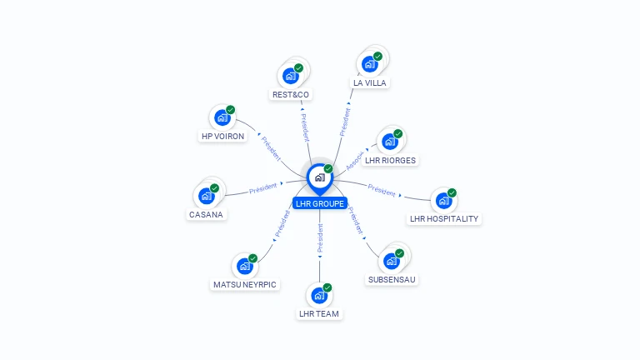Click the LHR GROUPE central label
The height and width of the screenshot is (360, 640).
tap(319, 203)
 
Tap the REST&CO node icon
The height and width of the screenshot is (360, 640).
tap(291, 76)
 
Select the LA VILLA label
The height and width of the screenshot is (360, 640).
tap(370, 82)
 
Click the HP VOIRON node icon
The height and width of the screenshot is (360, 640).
tap(222, 117)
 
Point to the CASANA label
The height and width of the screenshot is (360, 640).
tap(207, 214)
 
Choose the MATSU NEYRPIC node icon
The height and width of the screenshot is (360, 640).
tap(245, 266)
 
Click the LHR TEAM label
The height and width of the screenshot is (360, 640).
tap(319, 313)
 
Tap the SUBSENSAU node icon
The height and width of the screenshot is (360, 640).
tap(392, 261)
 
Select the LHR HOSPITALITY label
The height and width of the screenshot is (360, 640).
tap(445, 218)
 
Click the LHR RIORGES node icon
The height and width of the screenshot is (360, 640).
tap(390, 142)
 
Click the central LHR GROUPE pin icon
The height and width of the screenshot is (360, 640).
tap(319, 177)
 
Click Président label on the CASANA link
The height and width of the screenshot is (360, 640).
tap(263, 189)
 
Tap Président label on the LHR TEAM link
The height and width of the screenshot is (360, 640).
tap(320, 237)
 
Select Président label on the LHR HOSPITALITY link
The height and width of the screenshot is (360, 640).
tap(382, 191)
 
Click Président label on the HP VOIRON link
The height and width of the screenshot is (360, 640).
tap(271, 147)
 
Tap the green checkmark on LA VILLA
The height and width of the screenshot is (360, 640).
tap(377, 56)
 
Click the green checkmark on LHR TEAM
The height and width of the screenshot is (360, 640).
tap(327, 287)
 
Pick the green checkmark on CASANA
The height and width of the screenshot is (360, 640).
tap(214, 188)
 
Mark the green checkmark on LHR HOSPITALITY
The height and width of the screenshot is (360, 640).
tap(452, 192)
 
